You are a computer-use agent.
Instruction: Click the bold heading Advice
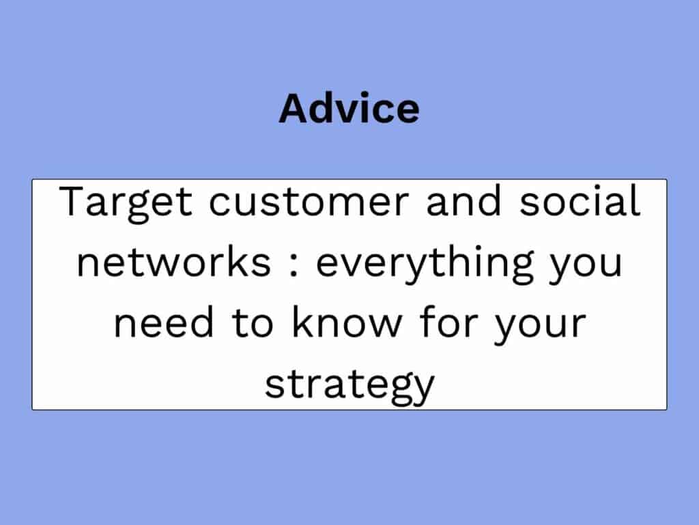pos(349,108)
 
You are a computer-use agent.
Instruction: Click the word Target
pos(126,204)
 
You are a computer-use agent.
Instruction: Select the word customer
pos(309,202)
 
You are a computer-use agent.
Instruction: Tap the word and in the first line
pos(463,200)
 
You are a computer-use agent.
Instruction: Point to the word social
pos(580,200)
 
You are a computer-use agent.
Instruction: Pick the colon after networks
pos(294,265)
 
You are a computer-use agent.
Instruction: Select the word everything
pos(425,265)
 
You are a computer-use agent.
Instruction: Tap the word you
pos(586,267)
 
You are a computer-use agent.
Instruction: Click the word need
pos(164,321)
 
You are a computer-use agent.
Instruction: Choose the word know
pos(347,321)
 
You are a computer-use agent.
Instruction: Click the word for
pos(448,321)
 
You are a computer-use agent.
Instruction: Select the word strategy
pos(349,387)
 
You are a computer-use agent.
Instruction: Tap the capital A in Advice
pos(295,108)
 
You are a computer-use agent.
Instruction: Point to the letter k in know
pos(302,321)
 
